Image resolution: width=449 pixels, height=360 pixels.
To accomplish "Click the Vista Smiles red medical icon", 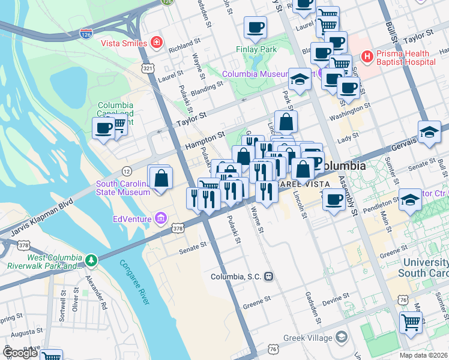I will click(157, 43).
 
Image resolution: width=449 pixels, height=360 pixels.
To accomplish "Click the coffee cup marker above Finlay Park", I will click(255, 27).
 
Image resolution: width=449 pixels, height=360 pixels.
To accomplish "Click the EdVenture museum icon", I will click(160, 218).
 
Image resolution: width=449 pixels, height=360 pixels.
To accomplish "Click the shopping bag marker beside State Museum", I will click(161, 178).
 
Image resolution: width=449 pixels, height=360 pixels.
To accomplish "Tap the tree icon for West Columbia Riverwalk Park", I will click(91, 260).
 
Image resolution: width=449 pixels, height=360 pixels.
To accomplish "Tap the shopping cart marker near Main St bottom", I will click(411, 322).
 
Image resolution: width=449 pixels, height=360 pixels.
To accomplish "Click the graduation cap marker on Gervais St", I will click(429, 133).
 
